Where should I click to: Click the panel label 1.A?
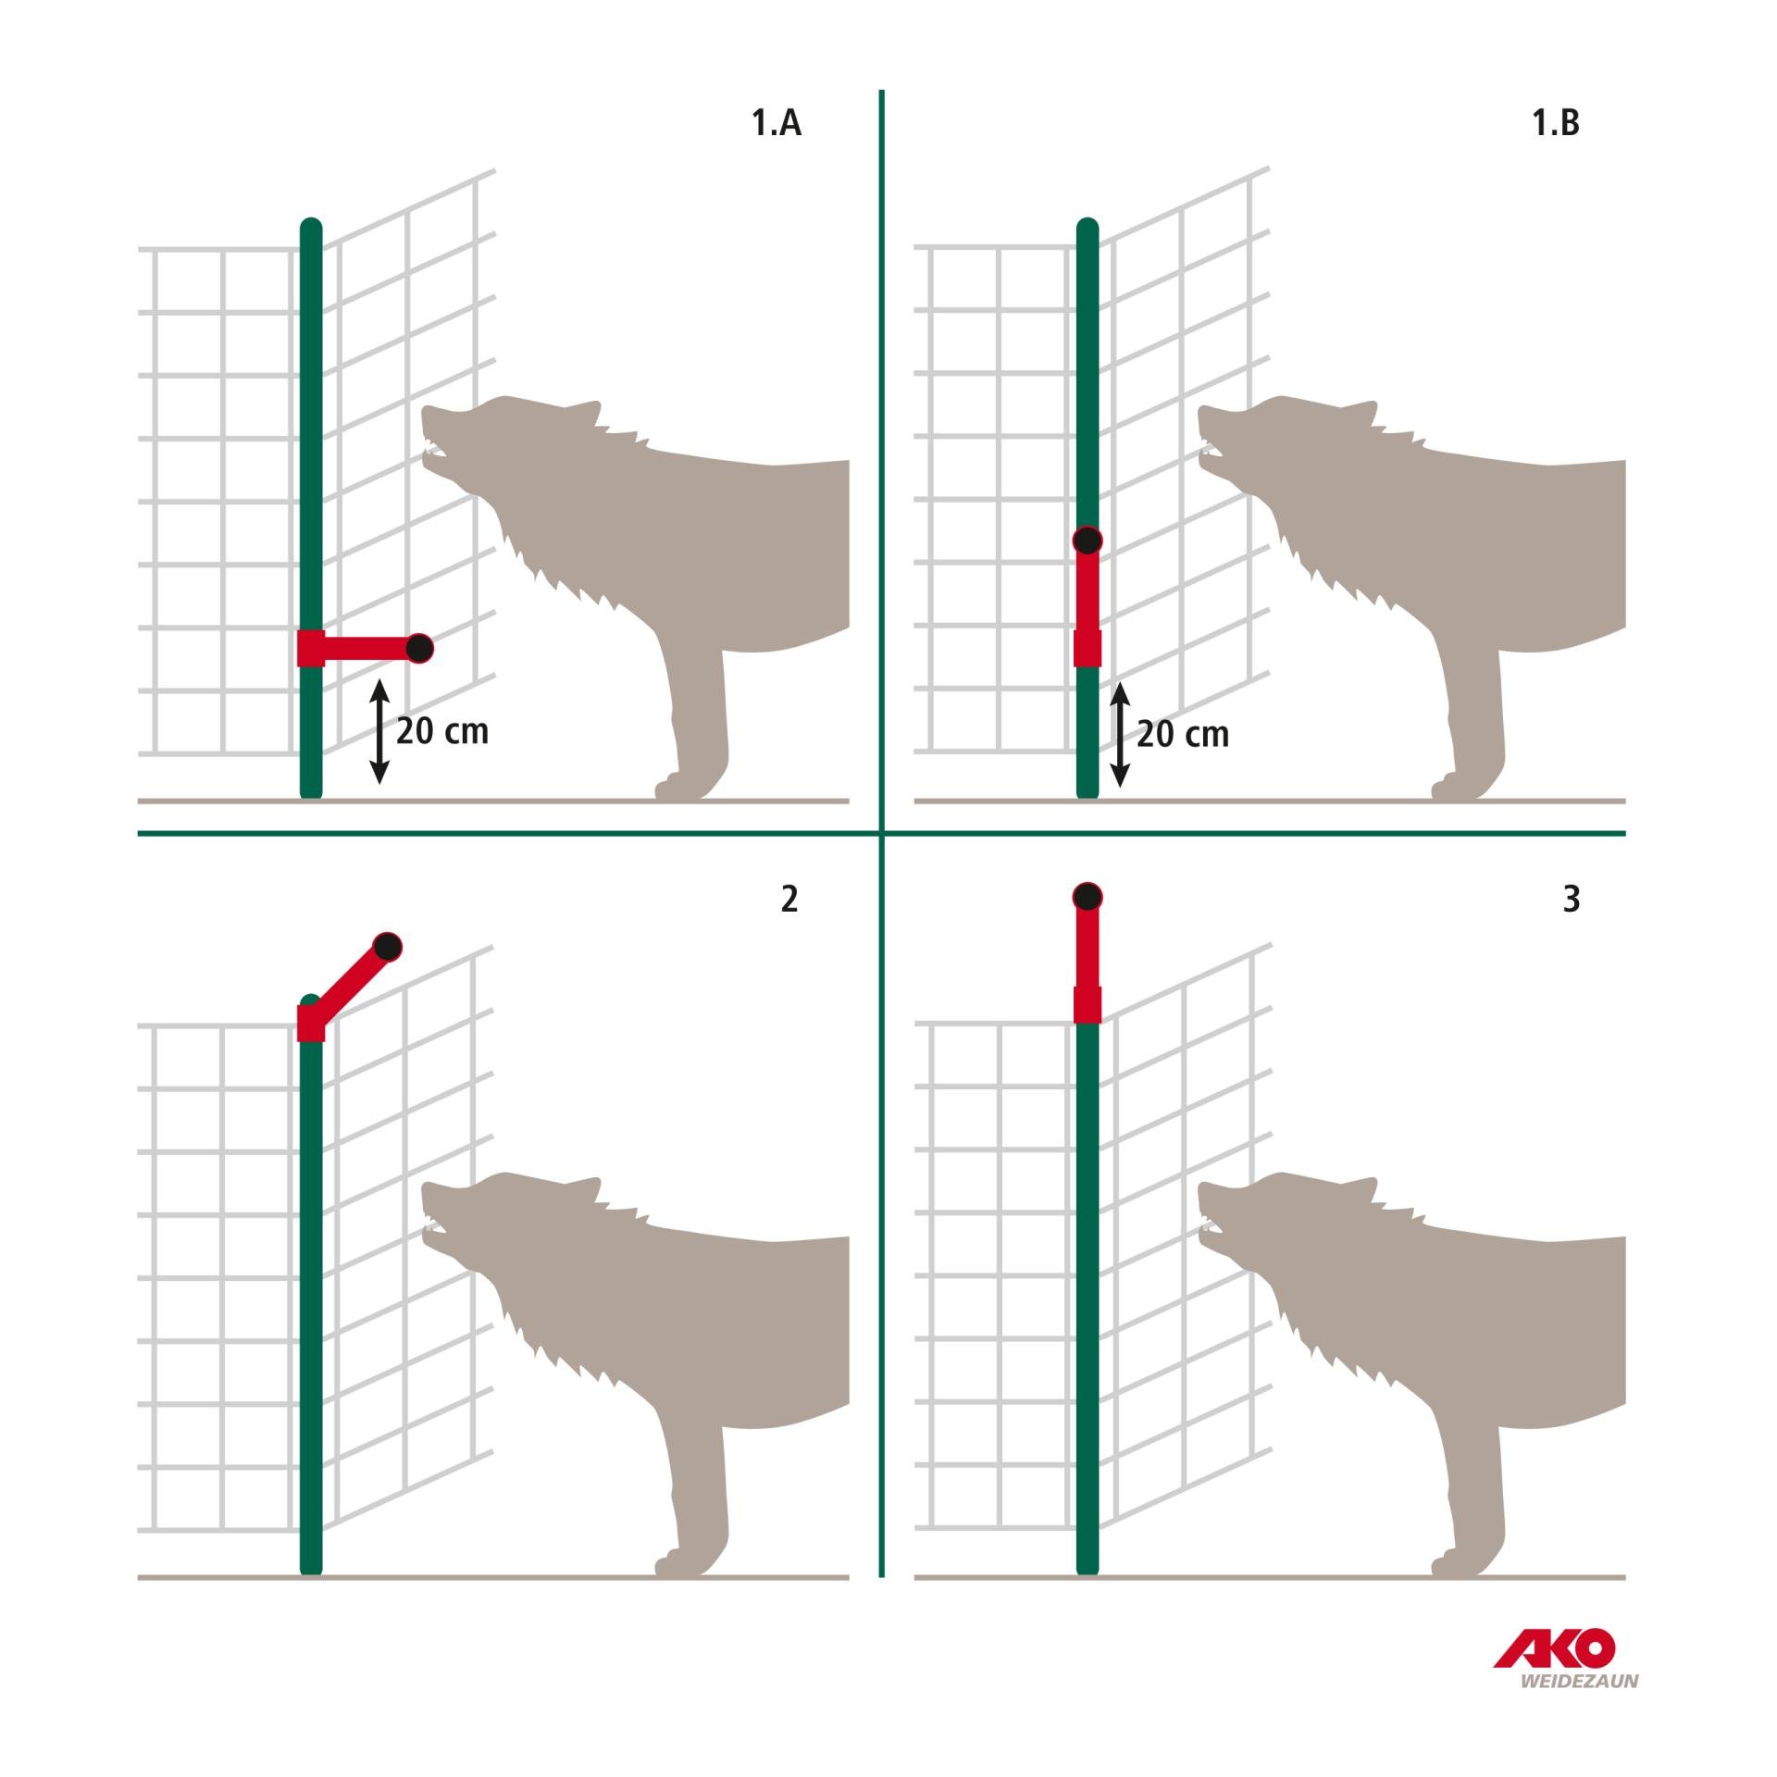tap(776, 123)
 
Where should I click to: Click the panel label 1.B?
tap(1556, 123)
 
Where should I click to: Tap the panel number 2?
tap(789, 899)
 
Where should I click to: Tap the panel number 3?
tap(1571, 899)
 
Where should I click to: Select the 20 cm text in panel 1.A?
tap(442, 731)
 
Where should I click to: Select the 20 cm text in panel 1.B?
tap(1183, 734)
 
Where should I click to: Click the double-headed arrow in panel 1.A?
tap(379, 731)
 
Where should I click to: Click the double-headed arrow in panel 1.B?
tap(1120, 734)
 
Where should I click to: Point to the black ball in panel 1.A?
tap(419, 649)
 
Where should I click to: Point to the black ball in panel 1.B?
tap(1087, 540)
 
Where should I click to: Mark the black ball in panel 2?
tap(388, 947)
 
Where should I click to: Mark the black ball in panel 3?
tap(1087, 897)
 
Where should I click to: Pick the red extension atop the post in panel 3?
tap(1087, 963)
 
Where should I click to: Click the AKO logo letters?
tap(1556, 1648)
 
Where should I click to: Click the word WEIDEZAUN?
tap(1579, 1681)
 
